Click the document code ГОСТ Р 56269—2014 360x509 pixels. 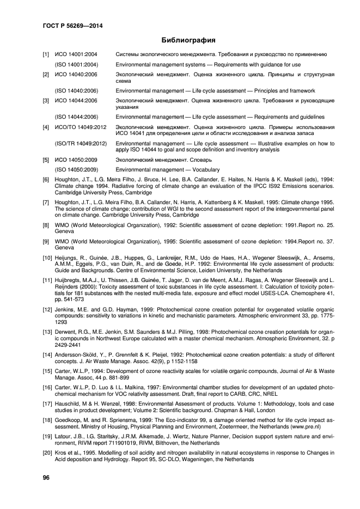click(72, 25)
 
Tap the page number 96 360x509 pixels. click(47, 477)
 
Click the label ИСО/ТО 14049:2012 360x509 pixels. click(79, 126)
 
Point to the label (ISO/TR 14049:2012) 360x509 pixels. click(80, 143)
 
